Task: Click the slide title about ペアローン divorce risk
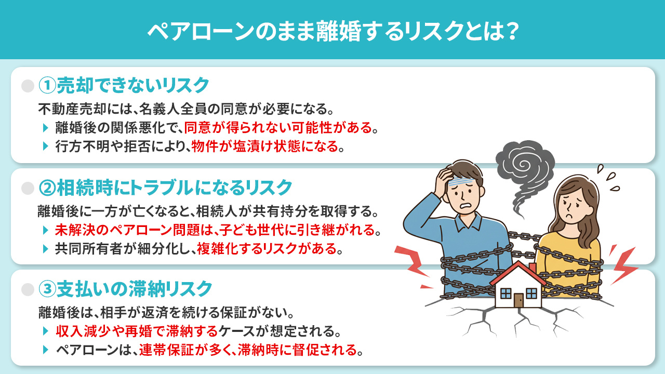pyautogui.click(x=332, y=31)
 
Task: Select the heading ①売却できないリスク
pyautogui.click(x=124, y=85)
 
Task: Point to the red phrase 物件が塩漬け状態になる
pyautogui.click(x=264, y=146)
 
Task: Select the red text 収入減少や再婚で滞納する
pyautogui.click(x=138, y=330)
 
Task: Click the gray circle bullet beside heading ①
pyautogui.click(x=27, y=85)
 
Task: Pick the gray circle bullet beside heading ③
pyautogui.click(x=27, y=288)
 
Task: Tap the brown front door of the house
pyautogui.click(x=518, y=300)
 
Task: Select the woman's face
pyautogui.click(x=573, y=204)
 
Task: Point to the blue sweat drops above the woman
pyautogui.click(x=608, y=177)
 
